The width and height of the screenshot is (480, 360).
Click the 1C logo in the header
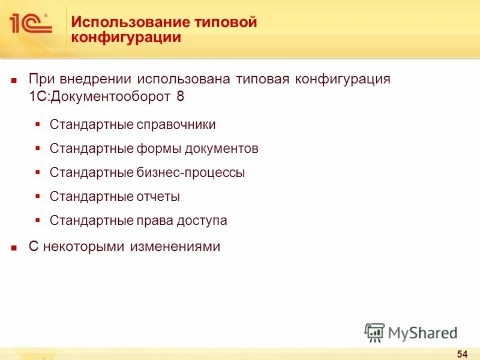coord(31,23)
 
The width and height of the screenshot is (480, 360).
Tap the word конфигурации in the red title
coord(126,38)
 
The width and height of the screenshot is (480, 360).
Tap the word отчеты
coord(157,197)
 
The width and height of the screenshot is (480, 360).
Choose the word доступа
coord(202,221)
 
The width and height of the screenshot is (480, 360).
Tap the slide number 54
coord(462,352)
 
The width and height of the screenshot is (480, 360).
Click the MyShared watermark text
coord(422,331)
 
